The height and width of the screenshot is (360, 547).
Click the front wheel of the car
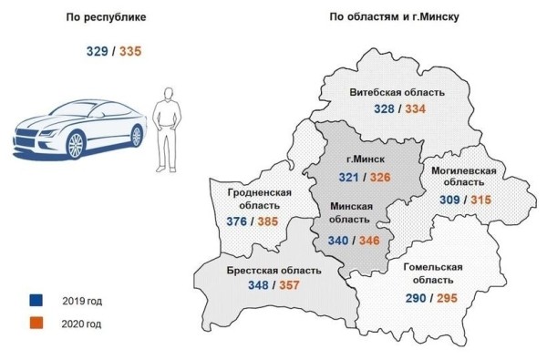[x=73, y=144]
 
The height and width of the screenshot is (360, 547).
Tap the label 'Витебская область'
[x=397, y=93]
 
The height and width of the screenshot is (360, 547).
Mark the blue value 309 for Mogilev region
[x=452, y=199]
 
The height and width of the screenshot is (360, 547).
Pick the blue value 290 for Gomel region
[x=418, y=297]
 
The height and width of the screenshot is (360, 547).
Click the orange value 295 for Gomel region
[x=451, y=297]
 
